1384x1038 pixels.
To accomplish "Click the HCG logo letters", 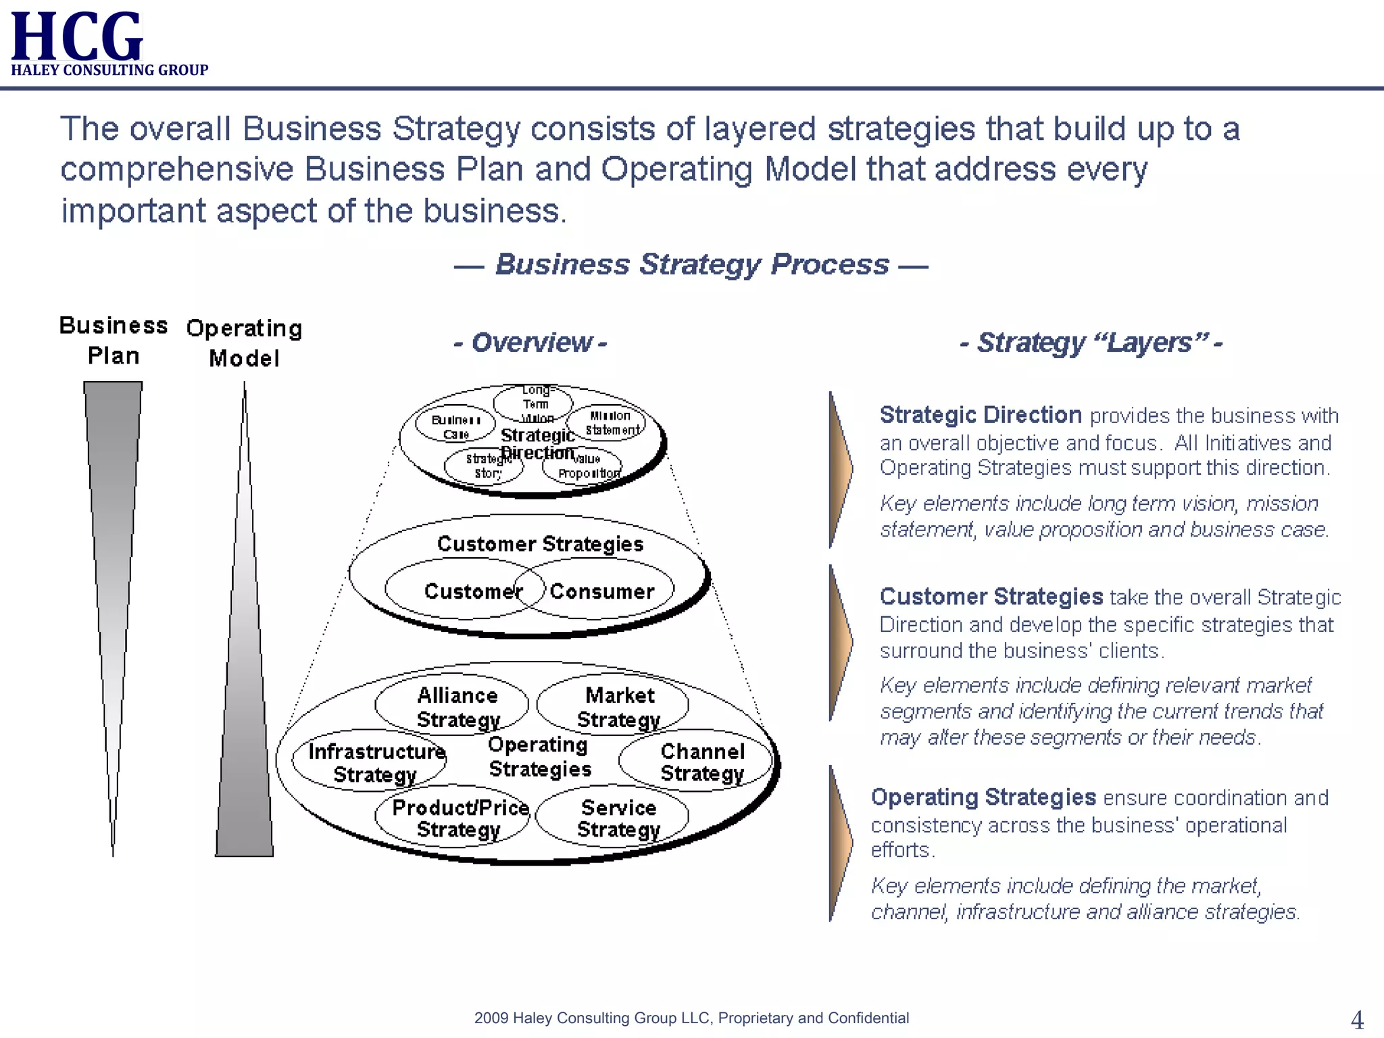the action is (76, 36).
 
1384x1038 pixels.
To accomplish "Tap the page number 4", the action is (1357, 1019).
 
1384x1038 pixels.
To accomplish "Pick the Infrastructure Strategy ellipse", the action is (369, 762).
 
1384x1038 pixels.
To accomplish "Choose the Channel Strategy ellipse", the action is (696, 762).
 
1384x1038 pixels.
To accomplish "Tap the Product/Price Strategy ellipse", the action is (452, 817).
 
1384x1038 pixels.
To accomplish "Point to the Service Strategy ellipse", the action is (613, 817).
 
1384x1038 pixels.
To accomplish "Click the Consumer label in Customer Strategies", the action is (601, 591).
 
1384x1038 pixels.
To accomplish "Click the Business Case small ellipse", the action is (455, 426).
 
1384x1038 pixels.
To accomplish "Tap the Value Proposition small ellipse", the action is (583, 466).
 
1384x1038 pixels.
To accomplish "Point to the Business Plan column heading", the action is (113, 340).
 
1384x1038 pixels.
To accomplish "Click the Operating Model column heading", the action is (244, 343).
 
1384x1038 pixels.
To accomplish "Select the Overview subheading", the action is (530, 343).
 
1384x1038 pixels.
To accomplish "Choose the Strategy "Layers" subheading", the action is (1091, 343).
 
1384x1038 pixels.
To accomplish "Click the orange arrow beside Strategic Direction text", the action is (840, 469).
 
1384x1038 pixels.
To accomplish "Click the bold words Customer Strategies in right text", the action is (991, 597).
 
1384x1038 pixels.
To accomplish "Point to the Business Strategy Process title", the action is (691, 264).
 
